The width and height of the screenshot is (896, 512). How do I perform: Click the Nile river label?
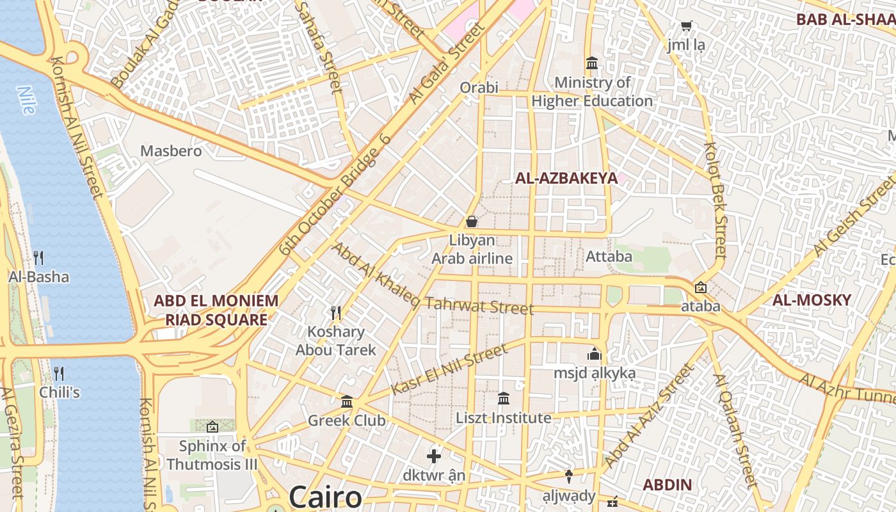[x=26, y=100]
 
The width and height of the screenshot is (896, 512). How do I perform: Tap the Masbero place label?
[x=171, y=151]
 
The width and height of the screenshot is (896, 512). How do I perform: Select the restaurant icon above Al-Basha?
[x=38, y=258]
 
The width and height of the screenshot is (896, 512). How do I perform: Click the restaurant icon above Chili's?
[x=59, y=373]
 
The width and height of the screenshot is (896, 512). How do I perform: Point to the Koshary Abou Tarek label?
[x=335, y=340]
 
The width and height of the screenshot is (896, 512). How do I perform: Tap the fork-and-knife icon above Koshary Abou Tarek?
[x=335, y=313]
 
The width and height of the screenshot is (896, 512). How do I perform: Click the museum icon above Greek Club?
[x=347, y=402]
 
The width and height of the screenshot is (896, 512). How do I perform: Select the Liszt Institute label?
[x=503, y=418]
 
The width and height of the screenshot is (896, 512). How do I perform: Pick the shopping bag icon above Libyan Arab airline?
[x=472, y=221]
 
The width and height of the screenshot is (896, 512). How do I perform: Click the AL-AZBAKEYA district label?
[x=566, y=179]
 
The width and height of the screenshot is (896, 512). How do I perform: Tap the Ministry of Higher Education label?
[x=592, y=92]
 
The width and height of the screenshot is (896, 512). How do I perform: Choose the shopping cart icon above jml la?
[x=687, y=27]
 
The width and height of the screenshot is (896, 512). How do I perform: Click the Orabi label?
[x=479, y=87]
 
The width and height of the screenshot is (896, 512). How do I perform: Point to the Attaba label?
[x=609, y=257]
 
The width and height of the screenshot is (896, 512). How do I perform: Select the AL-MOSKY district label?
[x=812, y=300]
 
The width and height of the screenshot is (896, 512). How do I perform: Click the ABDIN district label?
[x=667, y=484]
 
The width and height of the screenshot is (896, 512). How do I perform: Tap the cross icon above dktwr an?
[x=434, y=456]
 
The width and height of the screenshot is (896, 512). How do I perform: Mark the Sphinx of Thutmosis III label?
[x=212, y=455]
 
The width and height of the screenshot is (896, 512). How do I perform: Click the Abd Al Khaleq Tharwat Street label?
[x=432, y=280]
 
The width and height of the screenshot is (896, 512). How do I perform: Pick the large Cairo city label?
[x=324, y=497]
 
